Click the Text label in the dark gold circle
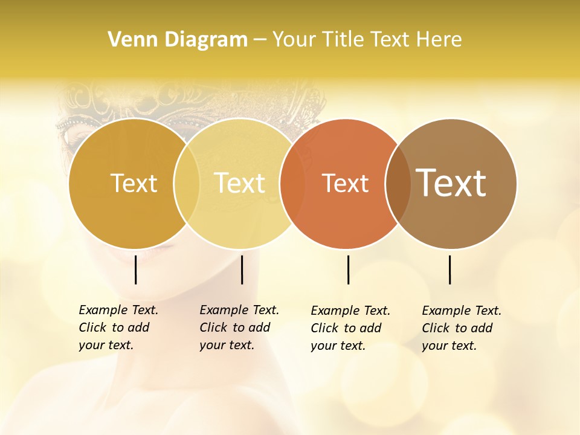click(134, 183)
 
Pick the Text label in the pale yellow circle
click(240, 183)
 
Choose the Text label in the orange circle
click(345, 183)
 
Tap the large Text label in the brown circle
click(451, 183)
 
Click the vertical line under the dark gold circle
click(136, 269)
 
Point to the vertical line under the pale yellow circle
click(242, 269)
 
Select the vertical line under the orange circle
click(348, 269)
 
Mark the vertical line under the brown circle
click(450, 269)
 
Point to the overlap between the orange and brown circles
click(398, 183)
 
